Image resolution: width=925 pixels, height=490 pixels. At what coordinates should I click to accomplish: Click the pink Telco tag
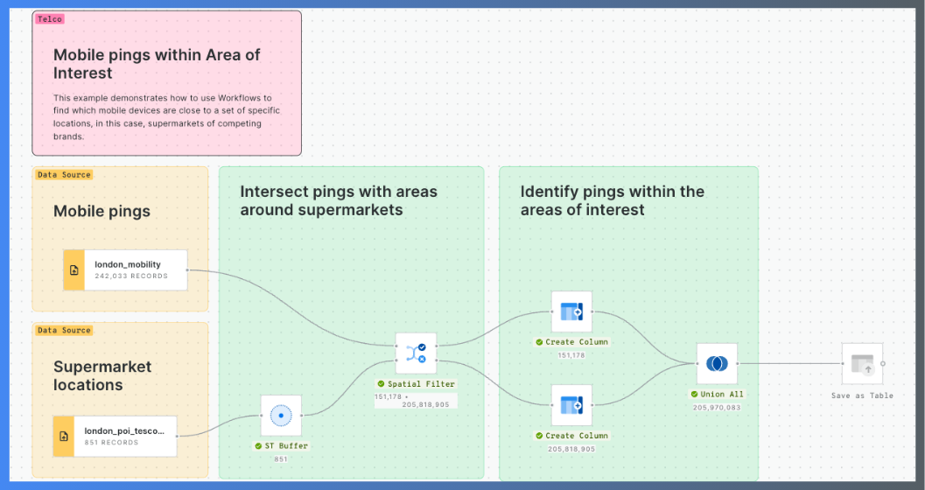[x=50, y=19]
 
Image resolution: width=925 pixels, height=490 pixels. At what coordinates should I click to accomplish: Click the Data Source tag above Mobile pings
[x=64, y=175]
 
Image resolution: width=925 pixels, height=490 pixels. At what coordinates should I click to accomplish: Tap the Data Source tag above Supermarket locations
[x=64, y=331]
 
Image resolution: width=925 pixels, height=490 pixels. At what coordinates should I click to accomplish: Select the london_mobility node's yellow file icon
[x=74, y=269]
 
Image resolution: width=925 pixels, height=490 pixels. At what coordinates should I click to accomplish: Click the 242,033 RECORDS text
[x=131, y=276]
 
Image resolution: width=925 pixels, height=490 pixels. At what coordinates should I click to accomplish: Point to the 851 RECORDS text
[x=111, y=443]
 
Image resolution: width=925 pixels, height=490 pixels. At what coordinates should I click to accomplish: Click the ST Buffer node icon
[x=281, y=416]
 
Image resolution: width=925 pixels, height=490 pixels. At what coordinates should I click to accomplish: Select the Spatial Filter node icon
[x=416, y=353]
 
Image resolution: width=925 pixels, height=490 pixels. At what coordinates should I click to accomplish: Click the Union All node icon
[x=717, y=363]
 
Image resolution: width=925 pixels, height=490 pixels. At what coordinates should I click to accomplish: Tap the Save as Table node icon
[x=862, y=363]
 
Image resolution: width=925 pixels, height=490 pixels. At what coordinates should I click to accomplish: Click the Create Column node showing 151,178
[x=571, y=311]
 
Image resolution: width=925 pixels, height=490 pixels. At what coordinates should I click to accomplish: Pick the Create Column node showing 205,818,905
[x=571, y=405]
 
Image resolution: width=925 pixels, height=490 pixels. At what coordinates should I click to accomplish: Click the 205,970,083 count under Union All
[x=717, y=408]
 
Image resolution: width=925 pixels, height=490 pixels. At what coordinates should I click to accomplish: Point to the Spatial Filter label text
[x=421, y=384]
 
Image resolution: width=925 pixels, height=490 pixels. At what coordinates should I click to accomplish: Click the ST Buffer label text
[x=285, y=446]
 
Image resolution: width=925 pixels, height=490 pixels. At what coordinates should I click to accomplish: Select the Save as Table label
[x=862, y=395]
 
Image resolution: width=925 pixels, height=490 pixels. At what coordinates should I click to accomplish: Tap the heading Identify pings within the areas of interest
[x=612, y=200]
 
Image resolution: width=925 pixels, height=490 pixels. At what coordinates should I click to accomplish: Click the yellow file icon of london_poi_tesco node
[x=64, y=436]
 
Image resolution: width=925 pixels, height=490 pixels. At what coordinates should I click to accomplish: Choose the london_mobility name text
[x=128, y=264]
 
